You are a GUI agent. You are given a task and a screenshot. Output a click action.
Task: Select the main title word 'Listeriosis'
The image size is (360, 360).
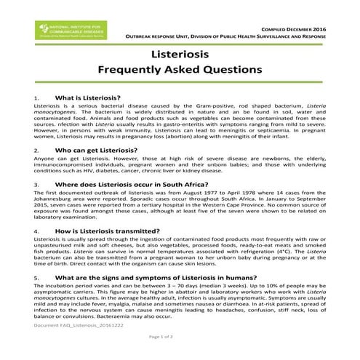(x=179, y=55)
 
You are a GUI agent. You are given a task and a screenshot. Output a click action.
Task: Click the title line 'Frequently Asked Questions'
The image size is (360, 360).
(x=179, y=71)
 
